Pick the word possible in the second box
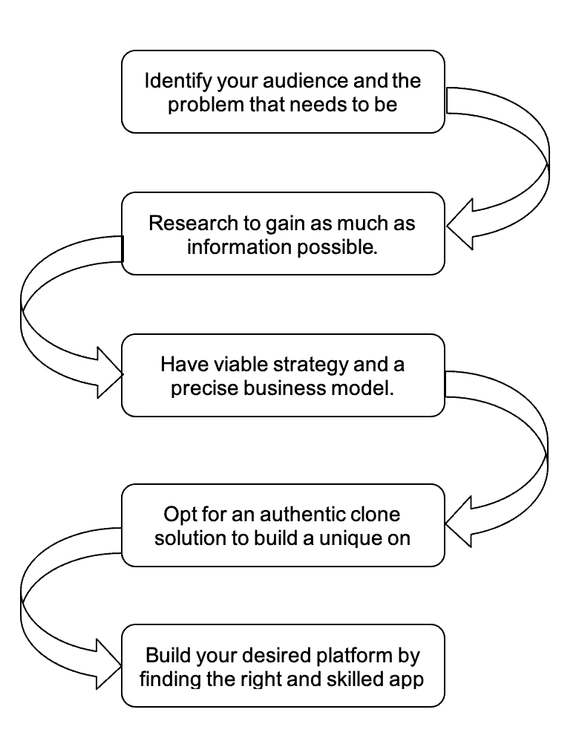pos(338,247)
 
